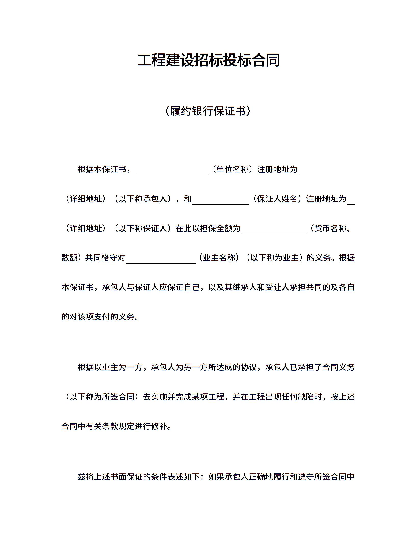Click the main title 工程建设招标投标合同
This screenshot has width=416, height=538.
pos(208,60)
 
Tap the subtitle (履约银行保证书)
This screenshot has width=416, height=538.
pos(208,111)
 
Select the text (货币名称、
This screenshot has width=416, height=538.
pos(330,228)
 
